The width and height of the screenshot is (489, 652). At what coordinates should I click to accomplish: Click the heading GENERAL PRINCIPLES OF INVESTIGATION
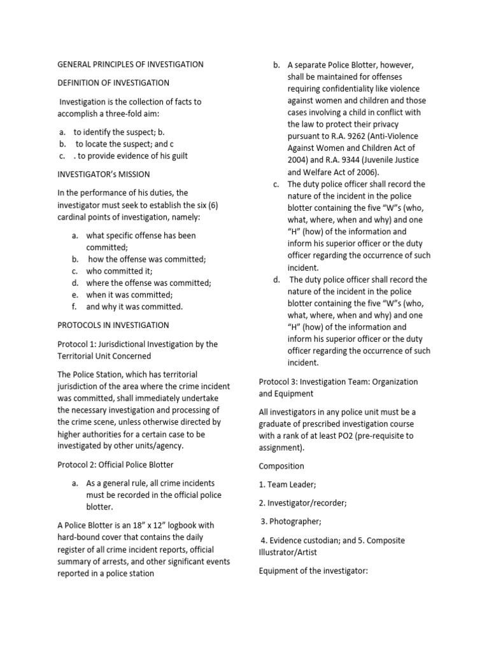pyautogui.click(x=131, y=64)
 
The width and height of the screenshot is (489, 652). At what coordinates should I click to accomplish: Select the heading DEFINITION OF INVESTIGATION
pyautogui.click(x=113, y=83)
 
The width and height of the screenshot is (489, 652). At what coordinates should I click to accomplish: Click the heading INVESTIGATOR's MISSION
pyautogui.click(x=104, y=174)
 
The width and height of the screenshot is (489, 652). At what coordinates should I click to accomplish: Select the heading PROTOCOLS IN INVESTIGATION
pyautogui.click(x=113, y=325)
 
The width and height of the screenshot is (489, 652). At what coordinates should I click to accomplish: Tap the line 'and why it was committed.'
pyautogui.click(x=134, y=307)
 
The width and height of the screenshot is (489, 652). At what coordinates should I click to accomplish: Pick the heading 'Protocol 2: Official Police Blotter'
pyautogui.click(x=115, y=464)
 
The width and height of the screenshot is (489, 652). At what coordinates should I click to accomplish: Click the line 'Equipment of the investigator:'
pyautogui.click(x=314, y=571)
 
